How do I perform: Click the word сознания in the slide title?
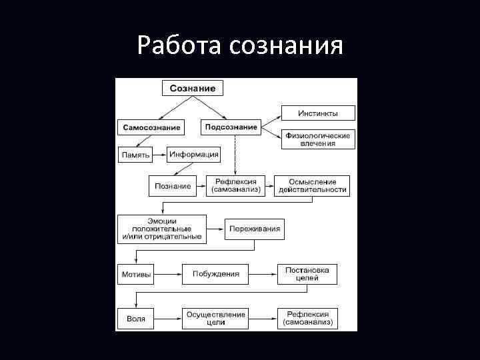[x=287, y=47]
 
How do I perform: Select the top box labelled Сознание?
[x=193, y=88]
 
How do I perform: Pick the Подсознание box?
[x=231, y=127]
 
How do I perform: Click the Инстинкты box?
[x=318, y=113]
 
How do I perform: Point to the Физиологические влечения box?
[x=318, y=139]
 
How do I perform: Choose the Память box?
[x=135, y=155]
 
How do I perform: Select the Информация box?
[x=193, y=155]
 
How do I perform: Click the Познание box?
[x=173, y=186]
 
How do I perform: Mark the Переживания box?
[x=255, y=229]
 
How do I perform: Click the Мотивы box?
[x=136, y=274]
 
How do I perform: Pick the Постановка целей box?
[x=307, y=274]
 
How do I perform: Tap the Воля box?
[x=136, y=318]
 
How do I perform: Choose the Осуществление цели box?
[x=215, y=318]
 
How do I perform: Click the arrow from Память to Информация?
[x=160, y=155]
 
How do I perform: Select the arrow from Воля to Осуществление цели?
[x=168, y=318]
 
